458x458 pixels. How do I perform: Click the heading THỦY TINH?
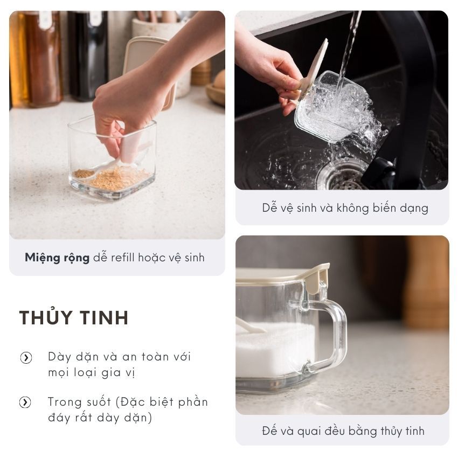[74, 317]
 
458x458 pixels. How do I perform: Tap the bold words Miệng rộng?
[57, 258]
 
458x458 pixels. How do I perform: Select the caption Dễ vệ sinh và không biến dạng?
[345, 208]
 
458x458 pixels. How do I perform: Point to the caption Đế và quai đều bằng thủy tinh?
[343, 431]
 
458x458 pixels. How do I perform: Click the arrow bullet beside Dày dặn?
[26, 358]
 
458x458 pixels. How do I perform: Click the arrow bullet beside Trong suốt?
[25, 402]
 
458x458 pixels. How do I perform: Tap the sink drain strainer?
[342, 176]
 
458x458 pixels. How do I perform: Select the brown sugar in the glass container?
[113, 178]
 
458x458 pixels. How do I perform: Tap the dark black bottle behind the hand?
[88, 55]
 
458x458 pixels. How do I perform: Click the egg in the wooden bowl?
[220, 79]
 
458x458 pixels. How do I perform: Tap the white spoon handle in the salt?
[249, 325]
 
